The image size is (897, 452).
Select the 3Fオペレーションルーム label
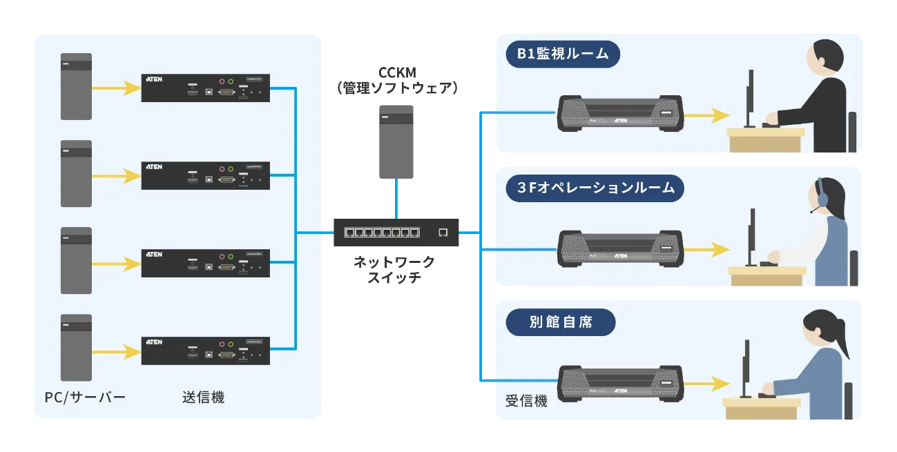tap(595, 188)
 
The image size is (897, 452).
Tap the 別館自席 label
tap(561, 322)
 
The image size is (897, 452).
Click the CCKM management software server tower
tap(396, 141)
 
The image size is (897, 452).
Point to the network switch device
tap(396, 233)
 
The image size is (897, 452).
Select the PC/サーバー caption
tap(85, 397)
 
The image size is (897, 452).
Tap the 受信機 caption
tap(526, 401)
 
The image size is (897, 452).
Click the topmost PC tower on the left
tap(76, 86)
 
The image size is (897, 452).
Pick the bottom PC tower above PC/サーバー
tap(76, 347)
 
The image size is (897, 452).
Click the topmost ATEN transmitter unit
tap(206, 88)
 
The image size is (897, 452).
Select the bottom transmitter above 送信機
tap(206, 351)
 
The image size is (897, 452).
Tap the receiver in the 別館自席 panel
tap(620, 384)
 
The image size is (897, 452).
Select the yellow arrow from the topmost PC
tap(115, 88)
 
